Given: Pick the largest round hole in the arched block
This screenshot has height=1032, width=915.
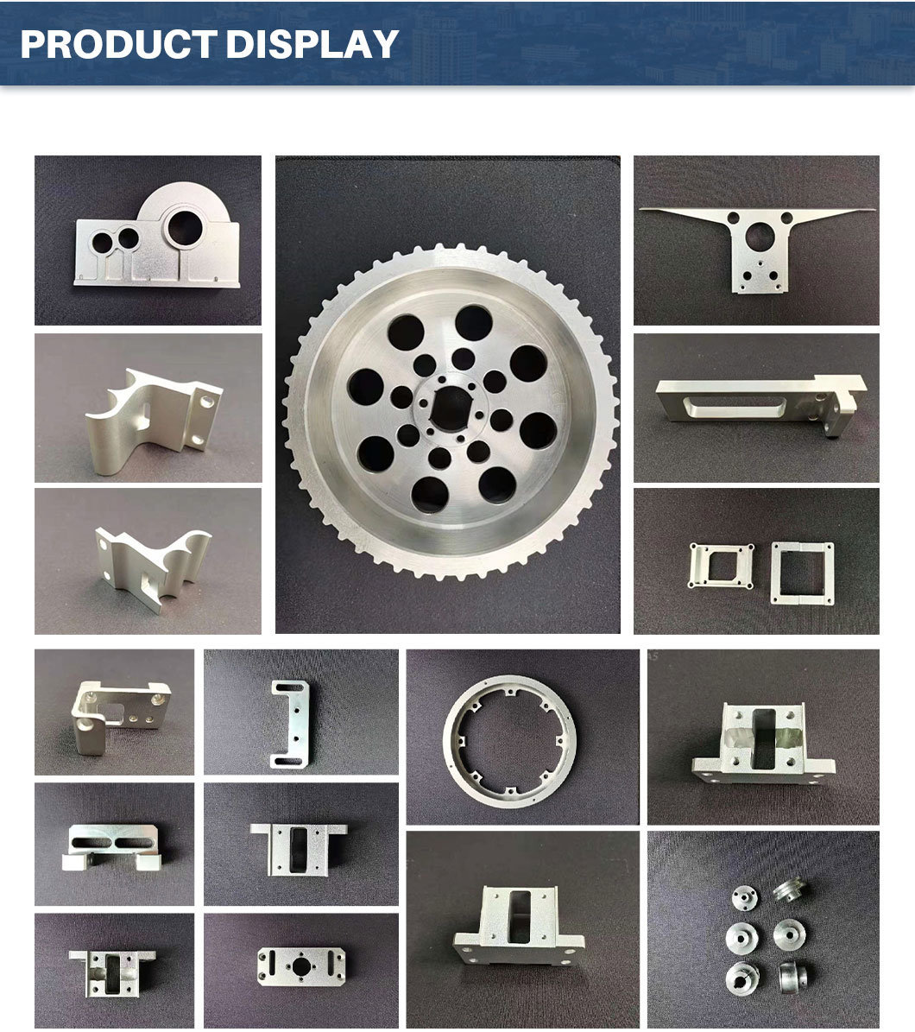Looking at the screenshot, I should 185,228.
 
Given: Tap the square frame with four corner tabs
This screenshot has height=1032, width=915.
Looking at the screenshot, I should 720,565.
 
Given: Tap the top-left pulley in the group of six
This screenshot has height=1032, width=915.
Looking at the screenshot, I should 744,898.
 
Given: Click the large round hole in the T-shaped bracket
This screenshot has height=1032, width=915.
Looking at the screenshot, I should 758,237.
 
